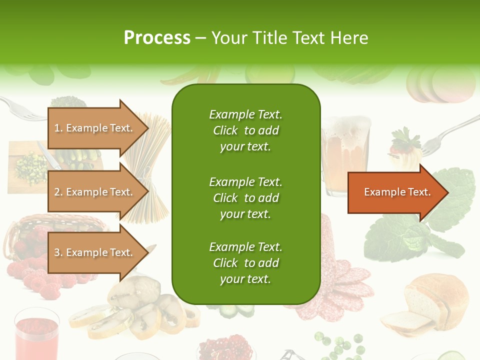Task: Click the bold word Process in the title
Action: point(157,38)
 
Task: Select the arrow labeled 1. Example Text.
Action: point(95,128)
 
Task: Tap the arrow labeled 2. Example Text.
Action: point(95,192)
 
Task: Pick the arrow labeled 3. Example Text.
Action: point(95,252)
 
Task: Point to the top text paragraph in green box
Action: point(245,130)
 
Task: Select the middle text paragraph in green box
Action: point(245,197)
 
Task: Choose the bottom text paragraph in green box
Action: point(245,263)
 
